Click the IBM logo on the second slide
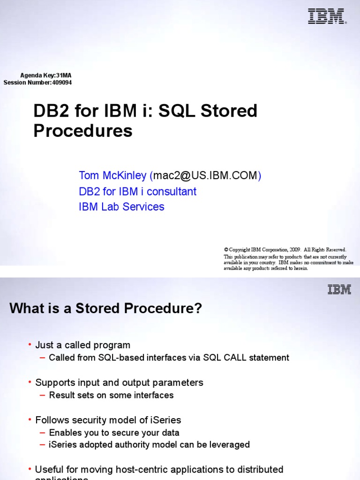pos(339,290)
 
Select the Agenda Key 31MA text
pos(46,75)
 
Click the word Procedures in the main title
pos(82,131)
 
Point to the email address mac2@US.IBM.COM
pos(205,176)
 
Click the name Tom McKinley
pos(112,176)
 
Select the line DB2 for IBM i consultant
pos(137,192)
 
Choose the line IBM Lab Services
pos(121,207)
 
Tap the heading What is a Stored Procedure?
pos(105,308)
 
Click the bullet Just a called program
pos(82,345)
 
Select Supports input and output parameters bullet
pos(119,383)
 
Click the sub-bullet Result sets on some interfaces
pos(111,395)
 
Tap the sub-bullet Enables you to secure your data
pos(114,433)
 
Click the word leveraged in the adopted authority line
pos(230,445)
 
